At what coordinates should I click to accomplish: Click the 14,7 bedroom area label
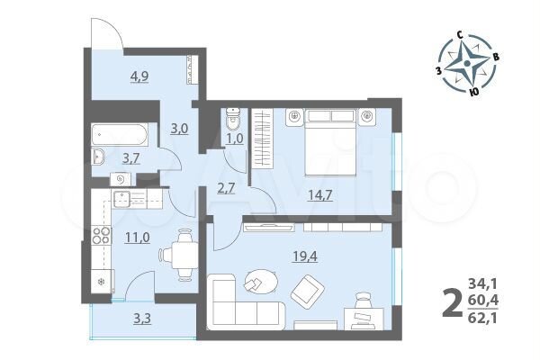pos(320,195)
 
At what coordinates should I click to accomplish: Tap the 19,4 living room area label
pos(305,256)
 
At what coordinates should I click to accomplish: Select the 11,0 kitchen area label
pos(138,238)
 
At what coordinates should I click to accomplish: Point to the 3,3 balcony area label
pos(142,319)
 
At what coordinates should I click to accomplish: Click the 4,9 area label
pos(139,76)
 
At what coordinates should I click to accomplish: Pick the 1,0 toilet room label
pos(235,138)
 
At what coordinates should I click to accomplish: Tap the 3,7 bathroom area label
pos(130,158)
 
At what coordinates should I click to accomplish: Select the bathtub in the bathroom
pos(120,134)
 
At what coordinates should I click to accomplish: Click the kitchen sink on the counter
pos(121,199)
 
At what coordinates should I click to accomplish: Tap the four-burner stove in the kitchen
pos(102,235)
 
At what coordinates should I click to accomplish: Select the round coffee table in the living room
pos(262,282)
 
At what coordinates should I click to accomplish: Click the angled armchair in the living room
pos(308,291)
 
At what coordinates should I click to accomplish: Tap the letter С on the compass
pos(459,35)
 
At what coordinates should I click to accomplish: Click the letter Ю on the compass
pos(474,91)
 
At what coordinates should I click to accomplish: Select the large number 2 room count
pos(452,302)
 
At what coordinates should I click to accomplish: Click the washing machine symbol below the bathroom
pos(121,179)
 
